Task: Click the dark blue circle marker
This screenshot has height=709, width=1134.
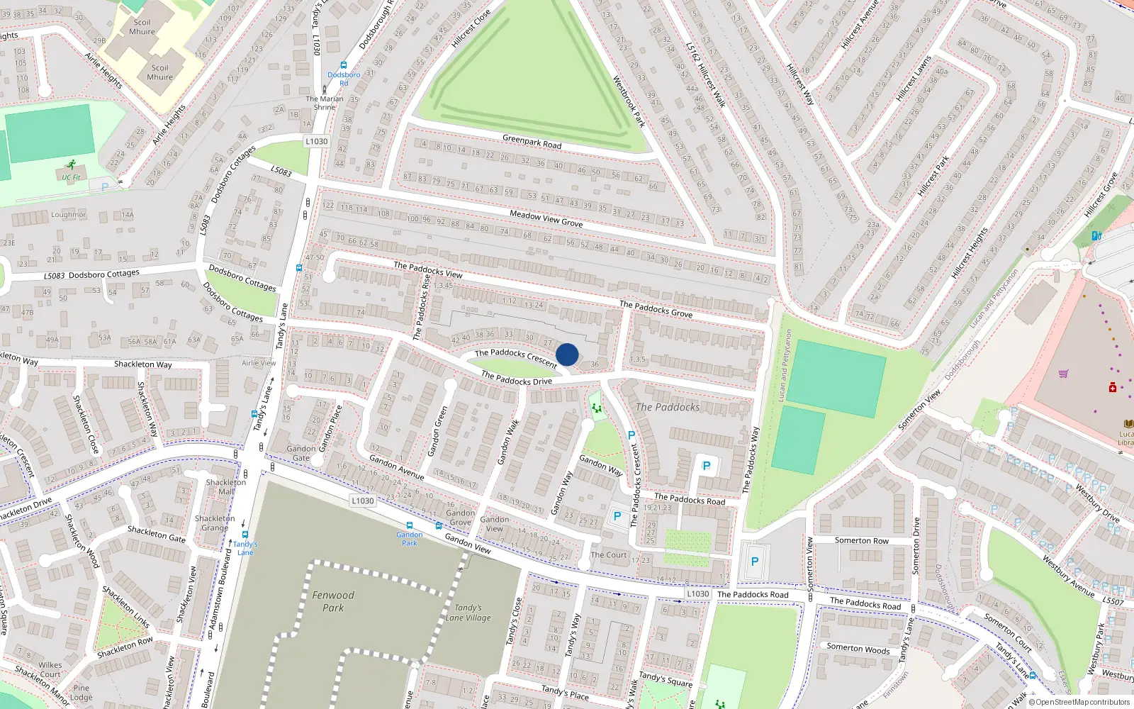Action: click(567, 354)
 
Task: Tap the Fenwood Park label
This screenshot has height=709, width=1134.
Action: click(333, 601)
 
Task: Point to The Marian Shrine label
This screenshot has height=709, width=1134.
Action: click(325, 103)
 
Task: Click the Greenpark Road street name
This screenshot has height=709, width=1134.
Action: click(532, 142)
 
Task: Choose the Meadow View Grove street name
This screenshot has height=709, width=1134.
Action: click(546, 218)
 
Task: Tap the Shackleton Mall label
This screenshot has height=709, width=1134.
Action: click(226, 486)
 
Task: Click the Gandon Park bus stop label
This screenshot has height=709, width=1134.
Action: click(410, 539)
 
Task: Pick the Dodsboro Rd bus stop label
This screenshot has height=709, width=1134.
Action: click(344, 78)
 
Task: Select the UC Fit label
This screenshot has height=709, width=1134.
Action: click(71, 177)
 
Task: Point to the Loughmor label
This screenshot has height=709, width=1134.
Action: click(68, 215)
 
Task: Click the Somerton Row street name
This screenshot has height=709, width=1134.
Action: click(861, 540)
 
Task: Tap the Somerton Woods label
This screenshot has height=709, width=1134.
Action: click(858, 648)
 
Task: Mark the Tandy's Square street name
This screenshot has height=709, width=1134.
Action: click(665, 679)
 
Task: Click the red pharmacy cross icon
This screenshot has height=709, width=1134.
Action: click(1113, 388)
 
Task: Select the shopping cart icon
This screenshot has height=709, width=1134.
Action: click(1063, 374)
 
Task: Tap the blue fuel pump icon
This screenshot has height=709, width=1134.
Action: click(1096, 235)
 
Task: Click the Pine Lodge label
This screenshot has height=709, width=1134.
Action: click(82, 693)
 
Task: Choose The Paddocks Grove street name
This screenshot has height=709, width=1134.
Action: click(656, 309)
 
